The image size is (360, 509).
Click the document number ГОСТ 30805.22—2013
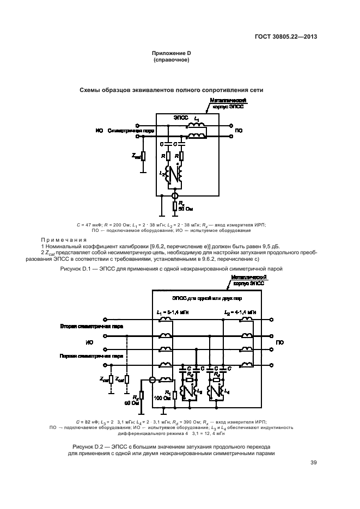[x=285, y=38]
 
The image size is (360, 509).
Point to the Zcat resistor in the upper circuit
[x=143, y=156]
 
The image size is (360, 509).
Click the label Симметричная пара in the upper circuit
[x=131, y=131]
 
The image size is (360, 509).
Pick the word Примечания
[x=64, y=240]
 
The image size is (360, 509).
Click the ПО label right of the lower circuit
[x=279, y=342]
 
